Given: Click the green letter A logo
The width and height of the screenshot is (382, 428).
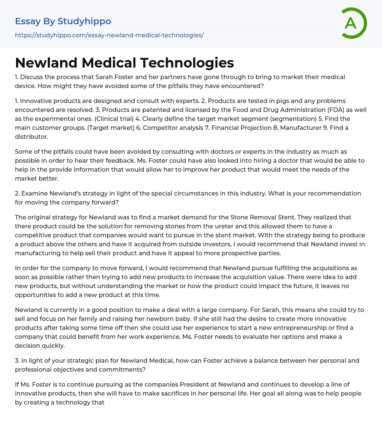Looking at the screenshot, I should point(354,23).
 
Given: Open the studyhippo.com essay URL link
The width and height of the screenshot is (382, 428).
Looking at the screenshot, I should point(109,35).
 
